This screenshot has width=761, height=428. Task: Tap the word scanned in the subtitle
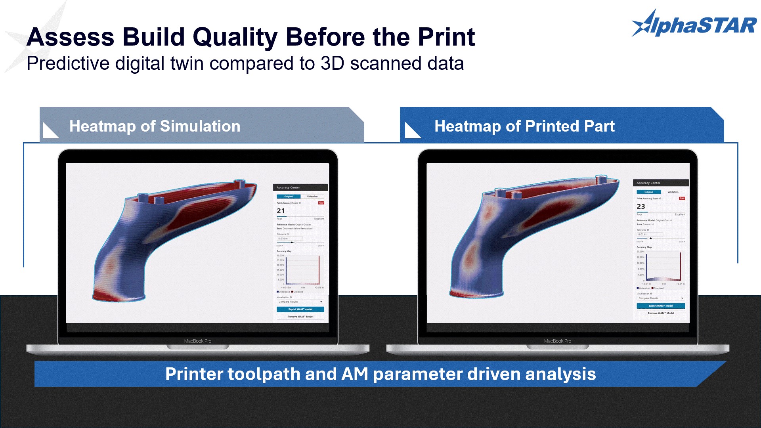[x=385, y=63]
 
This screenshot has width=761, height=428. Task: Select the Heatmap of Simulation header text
[x=155, y=126]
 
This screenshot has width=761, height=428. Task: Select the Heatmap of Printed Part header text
[x=524, y=126]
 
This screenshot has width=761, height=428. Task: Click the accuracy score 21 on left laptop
[x=281, y=211]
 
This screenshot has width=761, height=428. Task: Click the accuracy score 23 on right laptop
[x=641, y=206]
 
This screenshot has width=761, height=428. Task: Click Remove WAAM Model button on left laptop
[x=300, y=317]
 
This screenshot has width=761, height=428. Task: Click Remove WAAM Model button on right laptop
[x=660, y=313]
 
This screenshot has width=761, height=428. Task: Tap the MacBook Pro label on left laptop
[x=197, y=341]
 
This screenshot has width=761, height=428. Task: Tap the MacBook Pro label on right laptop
[x=557, y=341]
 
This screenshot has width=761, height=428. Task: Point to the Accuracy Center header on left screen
[x=288, y=187]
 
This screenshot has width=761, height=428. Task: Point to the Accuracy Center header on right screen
[x=648, y=183]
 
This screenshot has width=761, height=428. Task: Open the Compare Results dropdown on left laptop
[x=300, y=302]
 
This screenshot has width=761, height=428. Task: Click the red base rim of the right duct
[x=476, y=294]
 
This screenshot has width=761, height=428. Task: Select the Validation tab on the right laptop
[x=673, y=192]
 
